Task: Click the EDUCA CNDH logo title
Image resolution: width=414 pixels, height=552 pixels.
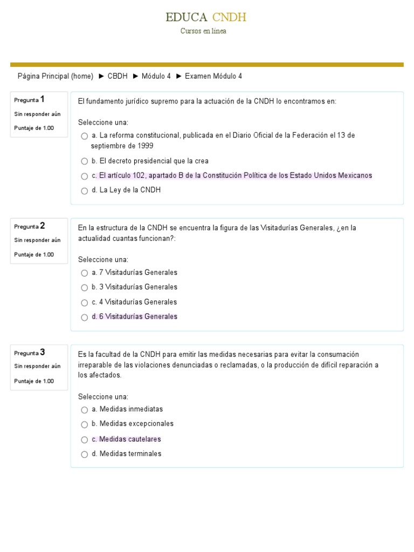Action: click(206, 17)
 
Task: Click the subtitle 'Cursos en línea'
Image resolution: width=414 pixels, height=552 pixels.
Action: click(203, 31)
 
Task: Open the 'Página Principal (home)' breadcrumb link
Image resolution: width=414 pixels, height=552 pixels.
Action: click(56, 77)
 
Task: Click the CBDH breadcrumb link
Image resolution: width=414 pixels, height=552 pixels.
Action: click(118, 77)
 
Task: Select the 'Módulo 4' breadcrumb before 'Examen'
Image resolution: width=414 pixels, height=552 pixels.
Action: click(156, 77)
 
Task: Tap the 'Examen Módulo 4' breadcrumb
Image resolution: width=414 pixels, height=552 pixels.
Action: click(213, 77)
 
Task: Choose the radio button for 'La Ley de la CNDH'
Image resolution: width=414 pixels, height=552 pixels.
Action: click(85, 191)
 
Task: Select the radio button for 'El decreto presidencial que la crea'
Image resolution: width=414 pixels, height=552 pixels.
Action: click(85, 161)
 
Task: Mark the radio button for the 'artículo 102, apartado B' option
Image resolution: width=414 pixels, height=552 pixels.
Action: click(85, 176)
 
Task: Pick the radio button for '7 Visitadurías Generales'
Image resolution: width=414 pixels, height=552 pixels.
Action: click(85, 273)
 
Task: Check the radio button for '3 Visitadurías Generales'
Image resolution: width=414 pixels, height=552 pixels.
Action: click(85, 287)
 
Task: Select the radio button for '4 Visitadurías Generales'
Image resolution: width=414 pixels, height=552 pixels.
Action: click(85, 302)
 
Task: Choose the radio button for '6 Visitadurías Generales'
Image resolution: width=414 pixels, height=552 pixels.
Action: click(85, 317)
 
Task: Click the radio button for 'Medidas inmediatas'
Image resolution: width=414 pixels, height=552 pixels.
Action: click(85, 410)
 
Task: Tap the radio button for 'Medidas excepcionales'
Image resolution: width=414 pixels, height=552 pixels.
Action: click(85, 424)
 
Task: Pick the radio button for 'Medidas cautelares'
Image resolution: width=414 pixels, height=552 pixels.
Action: click(85, 439)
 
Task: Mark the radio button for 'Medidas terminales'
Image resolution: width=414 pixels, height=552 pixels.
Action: click(85, 454)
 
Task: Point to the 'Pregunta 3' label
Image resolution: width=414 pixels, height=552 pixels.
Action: click(30, 353)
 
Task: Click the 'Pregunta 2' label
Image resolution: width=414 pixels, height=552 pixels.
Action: click(30, 226)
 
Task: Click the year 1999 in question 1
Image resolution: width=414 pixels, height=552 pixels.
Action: click(145, 146)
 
